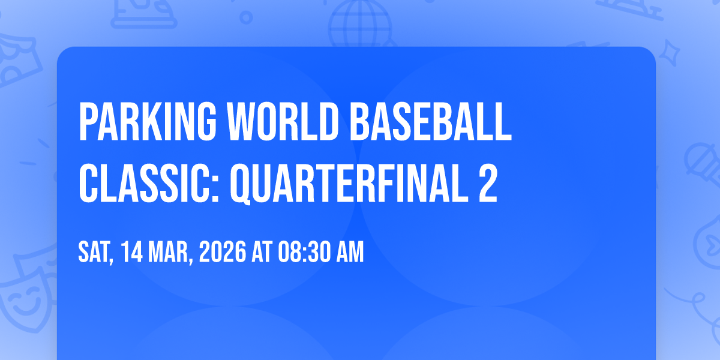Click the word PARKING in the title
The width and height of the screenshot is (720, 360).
pyautogui.click(x=148, y=121)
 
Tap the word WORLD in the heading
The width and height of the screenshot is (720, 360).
pyautogui.click(x=283, y=121)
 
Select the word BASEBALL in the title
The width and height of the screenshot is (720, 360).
pyautogui.click(x=431, y=121)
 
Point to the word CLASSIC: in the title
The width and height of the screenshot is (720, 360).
pyautogui.click(x=149, y=183)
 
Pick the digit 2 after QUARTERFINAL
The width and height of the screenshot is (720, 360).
pyautogui.click(x=488, y=183)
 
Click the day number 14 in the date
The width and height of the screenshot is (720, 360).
pyautogui.click(x=132, y=252)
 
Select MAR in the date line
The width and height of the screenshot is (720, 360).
pyautogui.click(x=170, y=253)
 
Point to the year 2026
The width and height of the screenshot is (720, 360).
pyautogui.click(x=223, y=252)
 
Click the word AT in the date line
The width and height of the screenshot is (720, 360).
pyautogui.click(x=262, y=252)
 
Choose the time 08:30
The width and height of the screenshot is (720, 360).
pyautogui.click(x=304, y=252)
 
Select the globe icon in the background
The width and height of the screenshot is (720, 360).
pyautogui.click(x=360, y=24)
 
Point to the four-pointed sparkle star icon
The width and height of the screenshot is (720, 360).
pyautogui.click(x=670, y=53)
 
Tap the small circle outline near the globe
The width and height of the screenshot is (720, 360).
pyautogui.click(x=246, y=17)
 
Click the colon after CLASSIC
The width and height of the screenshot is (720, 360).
pyautogui.click(x=215, y=188)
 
